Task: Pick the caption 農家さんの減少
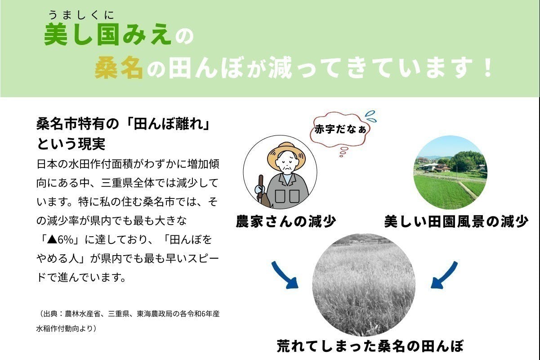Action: (286, 221)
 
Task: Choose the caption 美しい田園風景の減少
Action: (456, 221)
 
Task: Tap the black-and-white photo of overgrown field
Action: (364, 284)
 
